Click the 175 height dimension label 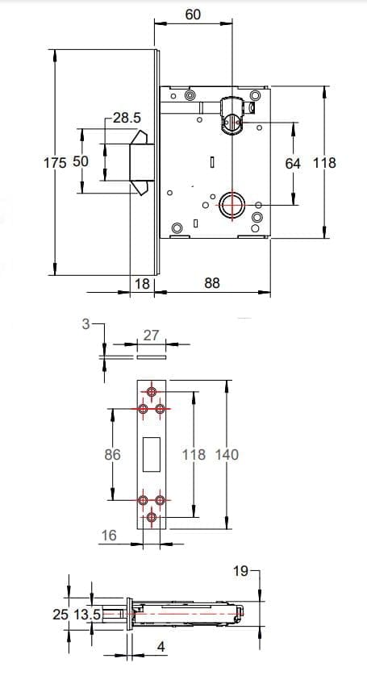click(55, 162)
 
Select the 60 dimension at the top click(193, 15)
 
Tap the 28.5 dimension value click(127, 118)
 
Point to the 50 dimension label click(81, 161)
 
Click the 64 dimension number click(293, 164)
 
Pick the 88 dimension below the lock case click(212, 283)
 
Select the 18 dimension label click(142, 283)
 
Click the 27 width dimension click(152, 336)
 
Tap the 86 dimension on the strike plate click(112, 454)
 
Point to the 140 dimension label click(227, 454)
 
